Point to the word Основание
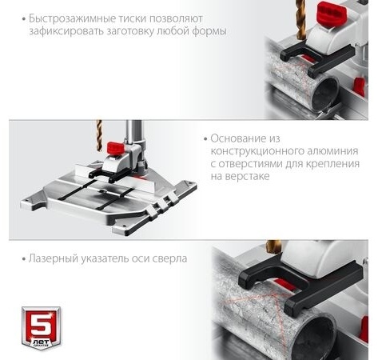point(237,138)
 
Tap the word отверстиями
point(250,164)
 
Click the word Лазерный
point(54,258)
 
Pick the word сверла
point(170,259)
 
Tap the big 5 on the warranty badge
point(41,323)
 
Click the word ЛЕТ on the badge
point(41,341)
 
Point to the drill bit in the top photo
point(300,20)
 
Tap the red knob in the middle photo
point(116,148)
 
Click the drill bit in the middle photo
point(99,135)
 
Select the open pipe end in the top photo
point(325,95)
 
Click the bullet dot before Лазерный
point(24,259)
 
